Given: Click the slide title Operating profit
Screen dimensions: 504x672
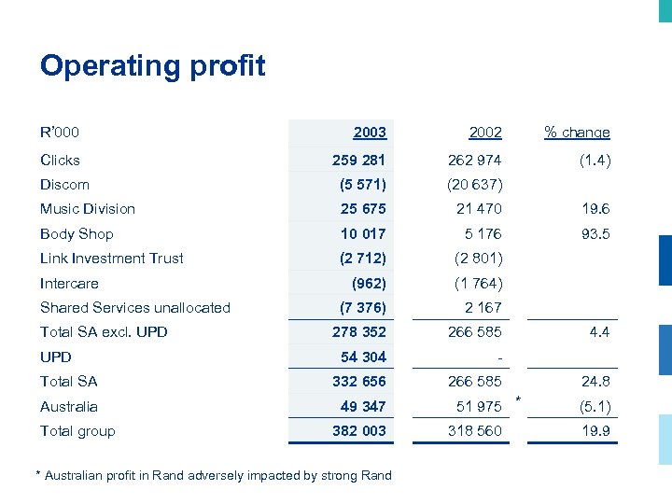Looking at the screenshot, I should [152, 66].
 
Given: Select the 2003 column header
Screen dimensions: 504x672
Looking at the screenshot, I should [369, 133].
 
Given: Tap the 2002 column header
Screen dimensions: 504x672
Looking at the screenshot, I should [484, 133].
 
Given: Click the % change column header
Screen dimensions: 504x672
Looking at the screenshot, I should [577, 133].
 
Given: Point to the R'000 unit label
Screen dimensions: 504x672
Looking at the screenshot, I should [60, 133].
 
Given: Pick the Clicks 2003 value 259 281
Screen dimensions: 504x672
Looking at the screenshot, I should [358, 160].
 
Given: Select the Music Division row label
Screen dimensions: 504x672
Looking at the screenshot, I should [88, 209].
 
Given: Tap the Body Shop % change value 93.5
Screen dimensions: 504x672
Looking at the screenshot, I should [595, 234].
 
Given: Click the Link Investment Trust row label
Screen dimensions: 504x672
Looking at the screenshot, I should [112, 259].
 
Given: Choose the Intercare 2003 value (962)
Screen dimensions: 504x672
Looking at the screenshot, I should [369, 284].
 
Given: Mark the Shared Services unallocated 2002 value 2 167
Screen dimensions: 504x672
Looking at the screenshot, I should [483, 307].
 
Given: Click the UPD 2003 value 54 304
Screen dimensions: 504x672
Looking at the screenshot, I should [363, 357].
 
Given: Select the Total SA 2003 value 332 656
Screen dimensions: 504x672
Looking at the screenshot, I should [358, 382].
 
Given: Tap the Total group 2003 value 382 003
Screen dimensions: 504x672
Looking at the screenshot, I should [358, 431].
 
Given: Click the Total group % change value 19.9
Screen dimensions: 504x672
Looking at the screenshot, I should [595, 431].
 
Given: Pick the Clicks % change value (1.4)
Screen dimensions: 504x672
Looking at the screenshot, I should [594, 160].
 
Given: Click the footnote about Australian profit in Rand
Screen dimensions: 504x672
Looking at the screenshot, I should [214, 476].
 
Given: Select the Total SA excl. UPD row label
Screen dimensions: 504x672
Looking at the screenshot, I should [104, 332].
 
